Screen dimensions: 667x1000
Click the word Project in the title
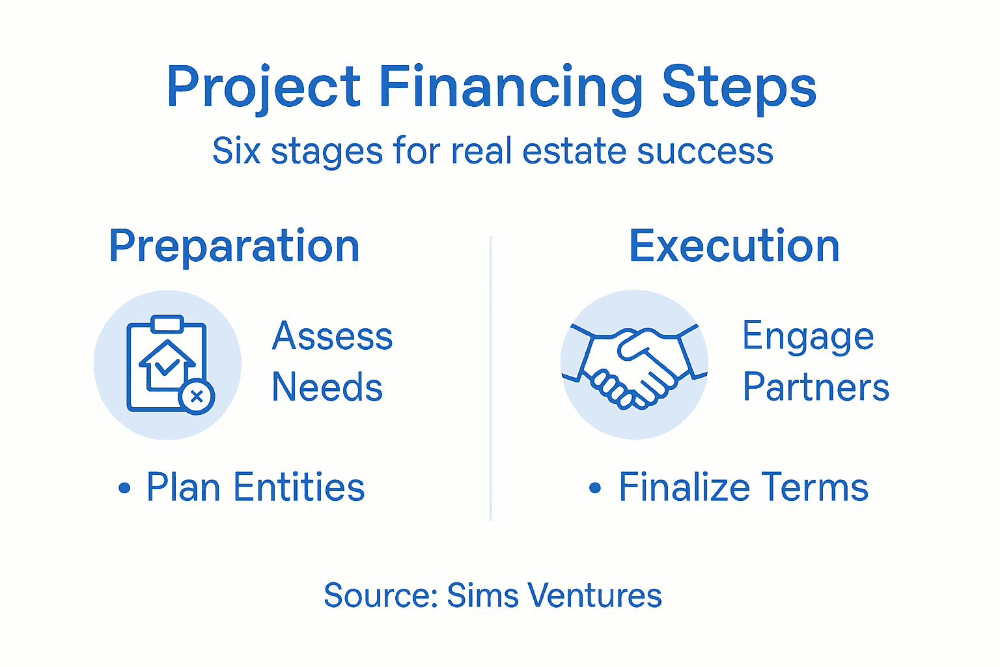[x=263, y=88]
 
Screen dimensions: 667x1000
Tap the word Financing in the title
[x=510, y=88]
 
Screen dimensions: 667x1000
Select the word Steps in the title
[x=739, y=88]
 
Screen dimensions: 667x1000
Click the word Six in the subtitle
[x=236, y=151]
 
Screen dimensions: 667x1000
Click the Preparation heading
[x=234, y=246]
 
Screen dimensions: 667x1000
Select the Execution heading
[x=734, y=246]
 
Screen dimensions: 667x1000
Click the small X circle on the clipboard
[x=197, y=396]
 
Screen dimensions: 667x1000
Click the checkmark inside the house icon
[x=167, y=366]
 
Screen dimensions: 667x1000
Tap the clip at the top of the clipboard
[x=167, y=324]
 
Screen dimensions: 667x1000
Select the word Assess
[x=332, y=336]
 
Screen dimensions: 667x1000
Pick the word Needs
[x=327, y=388]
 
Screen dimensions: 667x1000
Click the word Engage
[x=808, y=337]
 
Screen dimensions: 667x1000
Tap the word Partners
[x=816, y=388]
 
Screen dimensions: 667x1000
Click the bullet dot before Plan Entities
[x=124, y=489]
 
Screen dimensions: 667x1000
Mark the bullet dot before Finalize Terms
[x=594, y=489]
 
